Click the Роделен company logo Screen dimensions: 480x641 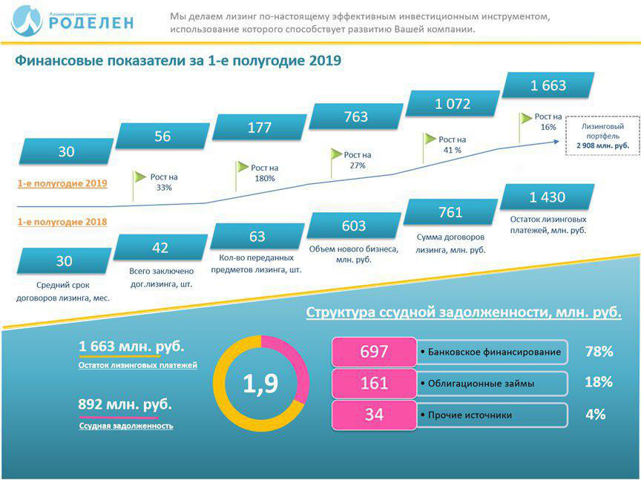[x=73, y=20]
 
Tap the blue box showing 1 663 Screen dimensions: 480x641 [x=548, y=85]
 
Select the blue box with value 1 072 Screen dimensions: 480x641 [x=453, y=104]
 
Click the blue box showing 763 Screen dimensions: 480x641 [x=356, y=116]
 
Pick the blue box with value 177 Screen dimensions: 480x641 [x=260, y=128]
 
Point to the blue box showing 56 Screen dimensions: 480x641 [x=162, y=137]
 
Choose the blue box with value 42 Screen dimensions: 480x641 [x=160, y=248]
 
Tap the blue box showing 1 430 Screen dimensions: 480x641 [x=548, y=197]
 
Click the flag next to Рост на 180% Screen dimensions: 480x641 [x=242, y=168]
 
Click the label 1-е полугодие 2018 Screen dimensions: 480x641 [x=62, y=222]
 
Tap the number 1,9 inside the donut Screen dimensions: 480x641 [x=260, y=384]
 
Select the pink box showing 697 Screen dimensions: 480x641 [x=374, y=352]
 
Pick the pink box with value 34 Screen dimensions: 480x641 [x=374, y=415]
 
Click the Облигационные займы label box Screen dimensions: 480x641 [x=493, y=384]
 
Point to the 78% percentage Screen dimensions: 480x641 [x=598, y=351]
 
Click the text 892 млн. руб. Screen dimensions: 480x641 [x=125, y=405]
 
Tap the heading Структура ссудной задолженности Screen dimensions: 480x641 [x=464, y=312]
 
